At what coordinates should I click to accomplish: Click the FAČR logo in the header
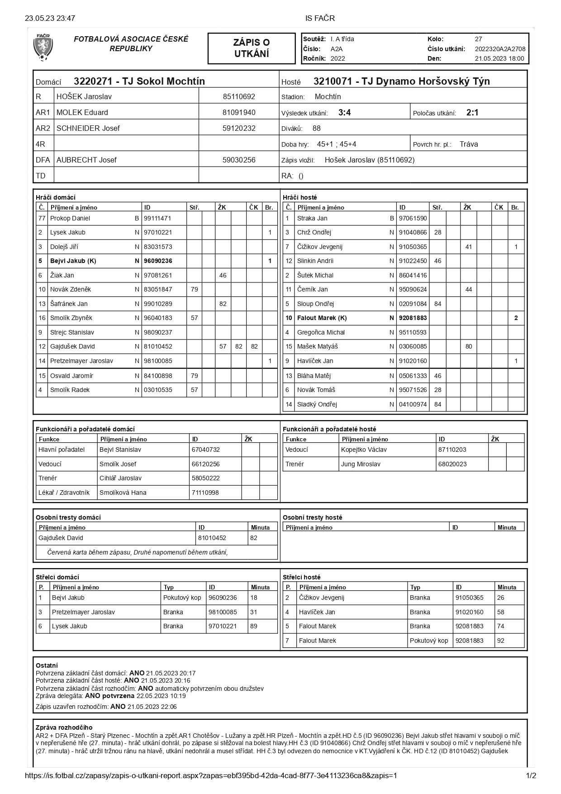click(43, 48)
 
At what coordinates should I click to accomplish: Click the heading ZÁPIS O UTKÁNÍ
click(251, 48)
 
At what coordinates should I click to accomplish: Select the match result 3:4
click(344, 113)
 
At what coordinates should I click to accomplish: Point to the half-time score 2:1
click(472, 113)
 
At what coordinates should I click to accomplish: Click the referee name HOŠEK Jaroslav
click(84, 96)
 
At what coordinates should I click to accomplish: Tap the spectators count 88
click(316, 129)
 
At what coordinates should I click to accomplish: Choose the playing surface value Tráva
click(468, 144)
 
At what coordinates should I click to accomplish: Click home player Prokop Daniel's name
click(70, 218)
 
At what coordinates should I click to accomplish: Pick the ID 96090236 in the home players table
click(157, 261)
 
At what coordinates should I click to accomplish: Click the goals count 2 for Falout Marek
click(516, 318)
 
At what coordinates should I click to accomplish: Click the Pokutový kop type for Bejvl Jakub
click(182, 598)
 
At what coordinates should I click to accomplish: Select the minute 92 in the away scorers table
click(500, 641)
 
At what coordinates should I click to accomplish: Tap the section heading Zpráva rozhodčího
click(64, 727)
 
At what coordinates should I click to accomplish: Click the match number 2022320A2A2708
click(500, 49)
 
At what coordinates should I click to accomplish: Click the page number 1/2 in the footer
click(531, 775)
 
